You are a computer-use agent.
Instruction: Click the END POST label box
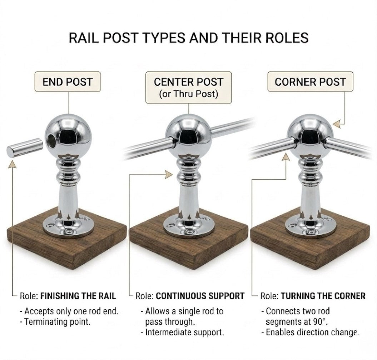point(68,82)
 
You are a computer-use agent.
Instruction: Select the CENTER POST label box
point(189,87)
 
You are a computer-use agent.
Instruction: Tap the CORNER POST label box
point(310,82)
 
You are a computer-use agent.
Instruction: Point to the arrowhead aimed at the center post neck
point(169,175)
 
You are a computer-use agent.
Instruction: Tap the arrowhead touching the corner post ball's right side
point(337,124)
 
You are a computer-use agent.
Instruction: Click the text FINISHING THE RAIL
point(78,296)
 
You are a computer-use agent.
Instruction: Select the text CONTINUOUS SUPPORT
point(200,296)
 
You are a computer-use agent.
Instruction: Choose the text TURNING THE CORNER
point(323,296)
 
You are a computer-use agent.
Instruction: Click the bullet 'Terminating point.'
point(55,321)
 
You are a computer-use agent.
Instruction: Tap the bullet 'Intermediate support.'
point(183,332)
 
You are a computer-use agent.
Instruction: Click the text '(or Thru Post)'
point(189,94)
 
